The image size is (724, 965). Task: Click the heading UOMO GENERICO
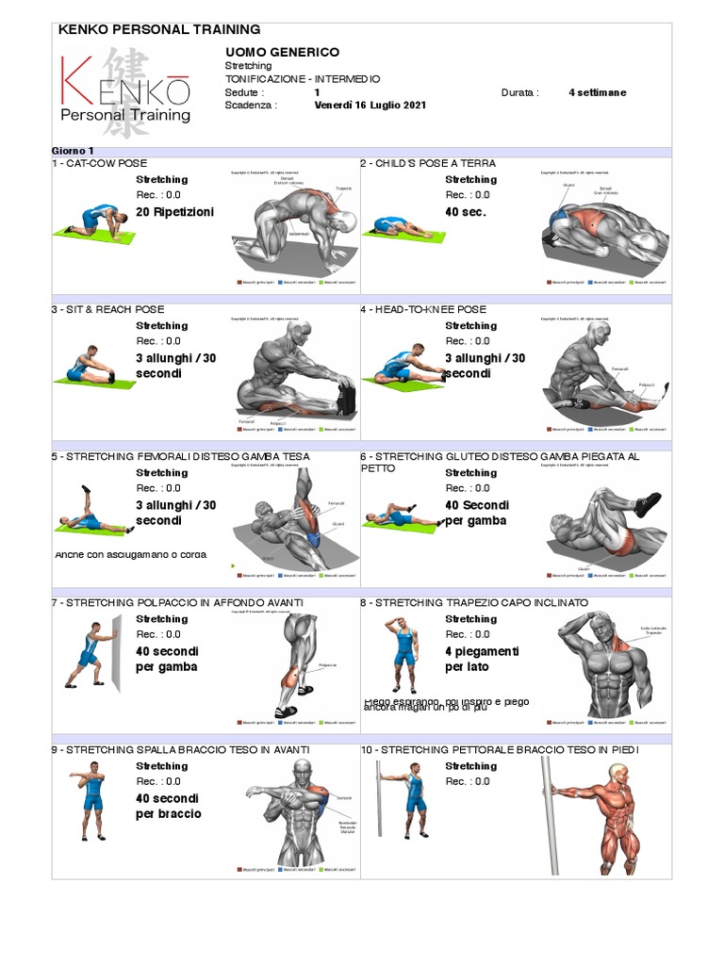click(x=282, y=52)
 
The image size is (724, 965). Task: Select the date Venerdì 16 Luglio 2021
click(x=370, y=106)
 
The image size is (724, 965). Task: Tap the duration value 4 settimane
click(x=597, y=92)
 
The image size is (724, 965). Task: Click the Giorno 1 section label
click(x=73, y=151)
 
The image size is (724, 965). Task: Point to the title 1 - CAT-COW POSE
click(x=100, y=163)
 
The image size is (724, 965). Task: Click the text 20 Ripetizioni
click(x=174, y=212)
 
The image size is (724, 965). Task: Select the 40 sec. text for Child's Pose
click(x=466, y=212)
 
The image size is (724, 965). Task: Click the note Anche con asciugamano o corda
click(x=131, y=554)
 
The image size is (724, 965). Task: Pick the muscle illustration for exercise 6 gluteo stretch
click(x=603, y=529)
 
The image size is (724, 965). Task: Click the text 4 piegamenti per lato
click(x=482, y=659)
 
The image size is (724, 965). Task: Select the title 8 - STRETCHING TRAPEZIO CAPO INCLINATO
click(x=474, y=602)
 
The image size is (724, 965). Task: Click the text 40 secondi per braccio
click(x=170, y=806)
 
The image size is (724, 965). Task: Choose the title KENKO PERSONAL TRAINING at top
click(x=159, y=30)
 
